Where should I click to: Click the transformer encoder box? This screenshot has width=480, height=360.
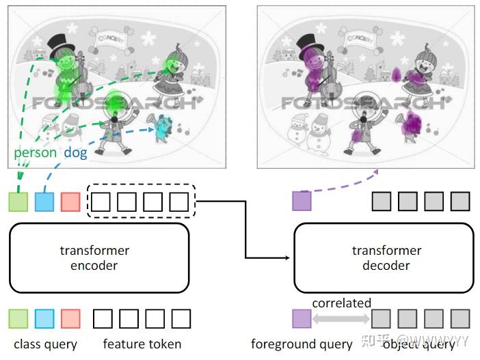[98, 258]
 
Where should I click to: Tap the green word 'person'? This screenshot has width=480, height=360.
[35, 152]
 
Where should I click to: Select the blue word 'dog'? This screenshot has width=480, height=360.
[75, 152]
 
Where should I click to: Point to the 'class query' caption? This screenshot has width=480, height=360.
[46, 344]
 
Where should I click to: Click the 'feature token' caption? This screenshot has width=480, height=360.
[142, 344]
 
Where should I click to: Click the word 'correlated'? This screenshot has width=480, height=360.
[341, 303]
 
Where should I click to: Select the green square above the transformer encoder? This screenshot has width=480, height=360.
[18, 202]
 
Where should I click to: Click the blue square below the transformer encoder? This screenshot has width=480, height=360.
[44, 318]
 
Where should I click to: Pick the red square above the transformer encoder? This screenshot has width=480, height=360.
[70, 202]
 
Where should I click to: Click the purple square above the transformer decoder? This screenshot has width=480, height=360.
[302, 201]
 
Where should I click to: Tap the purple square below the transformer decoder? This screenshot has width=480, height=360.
[302, 318]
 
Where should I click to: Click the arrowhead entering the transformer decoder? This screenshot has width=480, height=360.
[289, 258]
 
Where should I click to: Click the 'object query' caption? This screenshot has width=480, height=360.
[418, 344]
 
